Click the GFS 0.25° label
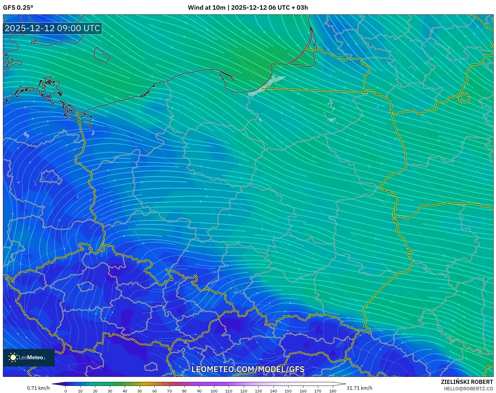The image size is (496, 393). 18,8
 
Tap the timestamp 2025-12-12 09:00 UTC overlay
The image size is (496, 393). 52,28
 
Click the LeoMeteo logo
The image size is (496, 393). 29,357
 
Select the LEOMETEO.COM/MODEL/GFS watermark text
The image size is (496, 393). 248,369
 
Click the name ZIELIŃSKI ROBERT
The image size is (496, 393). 467,382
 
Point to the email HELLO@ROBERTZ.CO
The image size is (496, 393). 468,389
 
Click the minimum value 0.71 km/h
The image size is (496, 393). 38,388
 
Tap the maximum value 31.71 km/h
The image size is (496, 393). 359,388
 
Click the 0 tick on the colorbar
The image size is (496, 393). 66,391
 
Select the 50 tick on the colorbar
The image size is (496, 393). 140,391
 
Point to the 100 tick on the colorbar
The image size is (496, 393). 214,391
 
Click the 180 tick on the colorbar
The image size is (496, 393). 333,391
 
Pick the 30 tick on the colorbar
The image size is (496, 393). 110,391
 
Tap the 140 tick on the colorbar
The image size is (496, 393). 273,391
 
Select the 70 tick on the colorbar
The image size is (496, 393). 169,391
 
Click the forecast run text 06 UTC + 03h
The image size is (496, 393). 288,8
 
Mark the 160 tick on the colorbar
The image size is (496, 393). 303,391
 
